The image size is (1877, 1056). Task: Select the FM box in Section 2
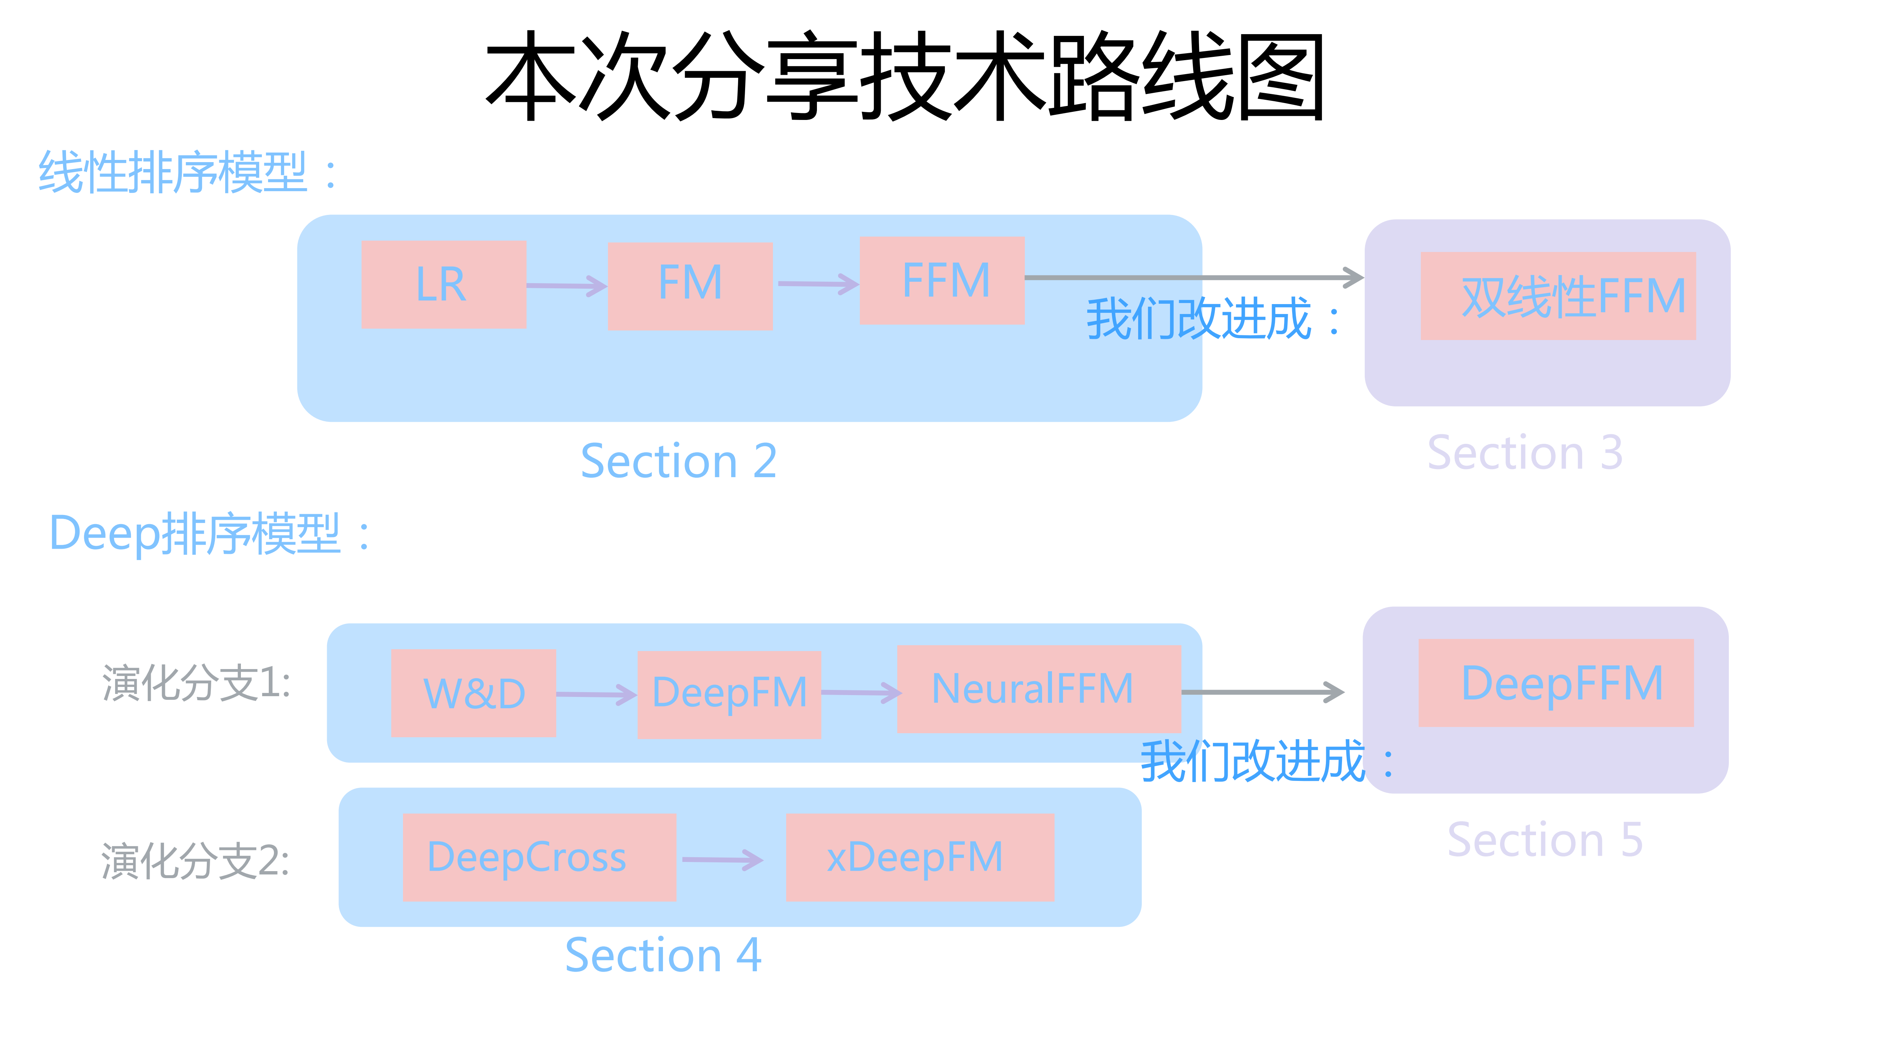point(690,286)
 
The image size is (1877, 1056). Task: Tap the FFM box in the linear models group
point(942,281)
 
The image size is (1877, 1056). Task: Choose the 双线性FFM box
point(1558,296)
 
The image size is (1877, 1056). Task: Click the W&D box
point(474,693)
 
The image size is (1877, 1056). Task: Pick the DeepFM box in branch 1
point(729,695)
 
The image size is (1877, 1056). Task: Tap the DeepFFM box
point(1556,683)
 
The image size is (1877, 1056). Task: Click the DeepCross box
point(539,857)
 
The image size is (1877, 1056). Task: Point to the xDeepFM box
point(920,857)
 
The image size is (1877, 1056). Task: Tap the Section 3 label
point(1524,453)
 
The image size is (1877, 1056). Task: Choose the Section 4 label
point(663,955)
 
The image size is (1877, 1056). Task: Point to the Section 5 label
point(1545,840)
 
